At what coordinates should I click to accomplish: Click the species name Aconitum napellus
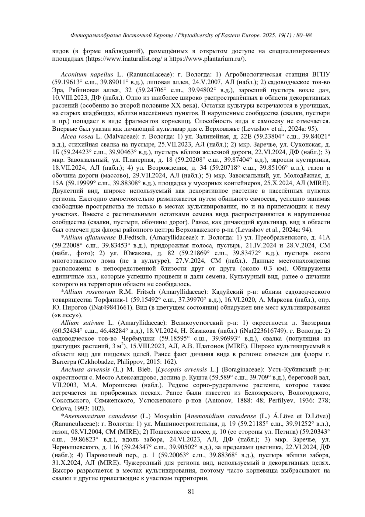click(x=87, y=75)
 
